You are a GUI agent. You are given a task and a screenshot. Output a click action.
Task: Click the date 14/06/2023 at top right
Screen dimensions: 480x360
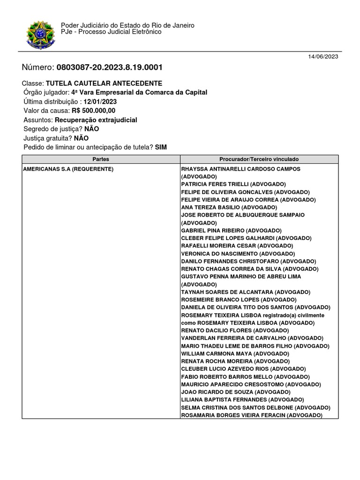[323, 57]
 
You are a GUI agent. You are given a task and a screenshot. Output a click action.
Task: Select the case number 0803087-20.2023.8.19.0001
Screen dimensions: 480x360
[110, 67]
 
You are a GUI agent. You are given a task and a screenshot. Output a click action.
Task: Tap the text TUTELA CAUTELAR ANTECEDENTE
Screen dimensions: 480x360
[104, 83]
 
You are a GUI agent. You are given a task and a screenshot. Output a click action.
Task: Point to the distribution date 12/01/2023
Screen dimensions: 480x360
[100, 102]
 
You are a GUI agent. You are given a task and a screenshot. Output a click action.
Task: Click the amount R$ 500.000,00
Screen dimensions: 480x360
[93, 111]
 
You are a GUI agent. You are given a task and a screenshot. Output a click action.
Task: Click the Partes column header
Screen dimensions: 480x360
[101, 159]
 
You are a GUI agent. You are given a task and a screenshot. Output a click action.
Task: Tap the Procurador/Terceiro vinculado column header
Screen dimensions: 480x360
[259, 159]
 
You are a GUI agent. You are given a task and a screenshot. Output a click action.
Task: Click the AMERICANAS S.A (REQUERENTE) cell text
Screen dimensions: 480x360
[68, 169]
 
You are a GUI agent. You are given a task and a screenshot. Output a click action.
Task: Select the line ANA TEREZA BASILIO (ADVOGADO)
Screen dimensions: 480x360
[229, 207]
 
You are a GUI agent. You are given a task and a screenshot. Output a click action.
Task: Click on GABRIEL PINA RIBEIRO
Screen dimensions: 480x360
[212, 231]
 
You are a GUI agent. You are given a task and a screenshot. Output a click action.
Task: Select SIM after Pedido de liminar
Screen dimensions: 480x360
[161, 147]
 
